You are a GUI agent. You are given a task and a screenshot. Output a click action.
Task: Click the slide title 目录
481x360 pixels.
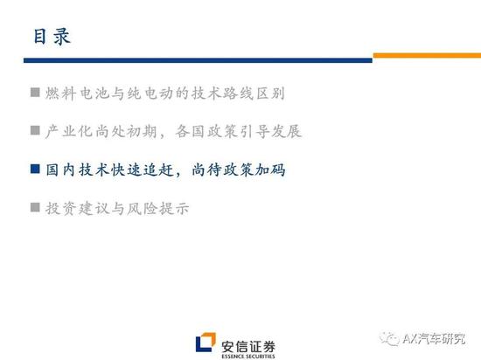coord(52,37)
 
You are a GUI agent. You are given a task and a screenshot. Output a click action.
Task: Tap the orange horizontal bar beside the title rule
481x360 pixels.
coord(427,55)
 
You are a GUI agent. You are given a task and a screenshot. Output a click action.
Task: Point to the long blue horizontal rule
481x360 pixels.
coord(198,60)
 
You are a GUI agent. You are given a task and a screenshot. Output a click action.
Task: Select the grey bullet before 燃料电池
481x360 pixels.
coord(35,93)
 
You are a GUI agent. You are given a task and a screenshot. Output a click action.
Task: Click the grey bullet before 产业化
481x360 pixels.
coord(35,130)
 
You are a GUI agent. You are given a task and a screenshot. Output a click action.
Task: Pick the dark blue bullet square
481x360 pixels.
coord(35,169)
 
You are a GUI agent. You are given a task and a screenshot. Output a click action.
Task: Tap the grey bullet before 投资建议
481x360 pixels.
coord(35,207)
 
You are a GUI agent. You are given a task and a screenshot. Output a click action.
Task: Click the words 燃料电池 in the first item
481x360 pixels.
coord(77,93)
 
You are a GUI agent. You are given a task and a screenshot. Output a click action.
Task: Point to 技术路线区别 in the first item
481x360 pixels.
coord(238,93)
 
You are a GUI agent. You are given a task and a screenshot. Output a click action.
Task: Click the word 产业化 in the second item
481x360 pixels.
coord(69,131)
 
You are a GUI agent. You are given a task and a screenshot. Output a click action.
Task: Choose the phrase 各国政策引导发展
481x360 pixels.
coord(239,131)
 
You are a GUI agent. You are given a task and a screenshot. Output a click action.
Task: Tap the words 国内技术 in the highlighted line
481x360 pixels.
coord(77,170)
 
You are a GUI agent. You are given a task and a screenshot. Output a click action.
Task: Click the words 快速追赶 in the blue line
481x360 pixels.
coord(142,170)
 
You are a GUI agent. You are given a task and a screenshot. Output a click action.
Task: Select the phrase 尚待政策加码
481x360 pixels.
coord(239,170)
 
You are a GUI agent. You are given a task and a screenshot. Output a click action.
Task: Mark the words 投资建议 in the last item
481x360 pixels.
coord(77,209)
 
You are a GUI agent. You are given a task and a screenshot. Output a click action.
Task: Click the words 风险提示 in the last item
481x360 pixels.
coord(158,209)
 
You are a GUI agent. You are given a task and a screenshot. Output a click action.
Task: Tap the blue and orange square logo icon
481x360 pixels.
coord(206,343)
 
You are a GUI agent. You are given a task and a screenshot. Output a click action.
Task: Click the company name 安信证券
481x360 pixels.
coord(248,347)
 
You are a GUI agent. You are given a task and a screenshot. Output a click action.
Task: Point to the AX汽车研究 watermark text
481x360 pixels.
coord(434,339)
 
